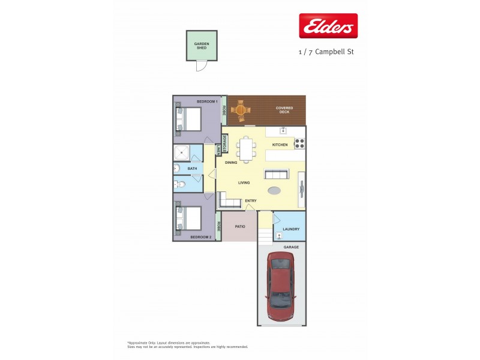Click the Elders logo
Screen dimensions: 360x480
328,26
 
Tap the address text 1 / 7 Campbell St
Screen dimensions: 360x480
326,52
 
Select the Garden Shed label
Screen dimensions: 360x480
201,46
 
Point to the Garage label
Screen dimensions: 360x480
291,247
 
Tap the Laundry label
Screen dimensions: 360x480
291,229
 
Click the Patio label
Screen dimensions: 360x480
239,227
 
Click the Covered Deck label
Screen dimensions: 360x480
284,110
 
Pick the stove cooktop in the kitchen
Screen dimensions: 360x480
300,144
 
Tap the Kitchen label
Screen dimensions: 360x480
280,145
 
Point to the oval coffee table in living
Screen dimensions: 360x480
274,191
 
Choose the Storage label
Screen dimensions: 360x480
225,144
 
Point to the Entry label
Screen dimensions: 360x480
251,200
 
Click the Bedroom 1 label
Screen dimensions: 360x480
207,102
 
